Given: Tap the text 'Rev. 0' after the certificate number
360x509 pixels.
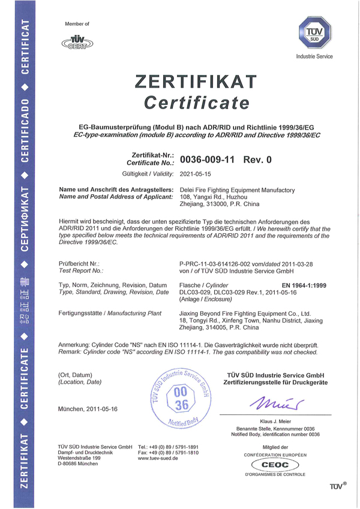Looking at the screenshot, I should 257,160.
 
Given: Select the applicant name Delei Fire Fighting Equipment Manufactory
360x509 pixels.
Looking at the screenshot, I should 237,190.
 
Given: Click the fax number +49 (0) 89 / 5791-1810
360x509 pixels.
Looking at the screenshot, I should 168,453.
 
